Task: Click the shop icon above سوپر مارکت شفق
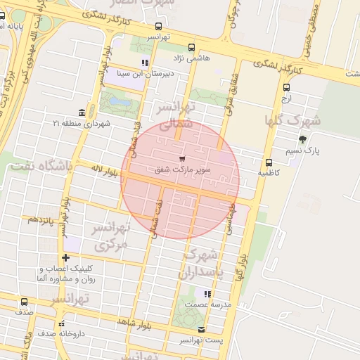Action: click(x=183, y=158)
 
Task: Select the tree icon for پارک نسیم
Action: click(x=302, y=139)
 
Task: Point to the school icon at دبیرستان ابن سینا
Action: click(x=145, y=63)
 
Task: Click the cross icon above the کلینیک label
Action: click(x=65, y=258)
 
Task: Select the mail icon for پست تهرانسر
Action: click(x=202, y=330)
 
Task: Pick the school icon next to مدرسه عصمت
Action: click(x=207, y=294)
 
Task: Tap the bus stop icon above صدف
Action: click(x=25, y=300)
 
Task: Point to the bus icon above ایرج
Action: click(x=286, y=88)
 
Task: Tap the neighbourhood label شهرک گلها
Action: click(x=292, y=120)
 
